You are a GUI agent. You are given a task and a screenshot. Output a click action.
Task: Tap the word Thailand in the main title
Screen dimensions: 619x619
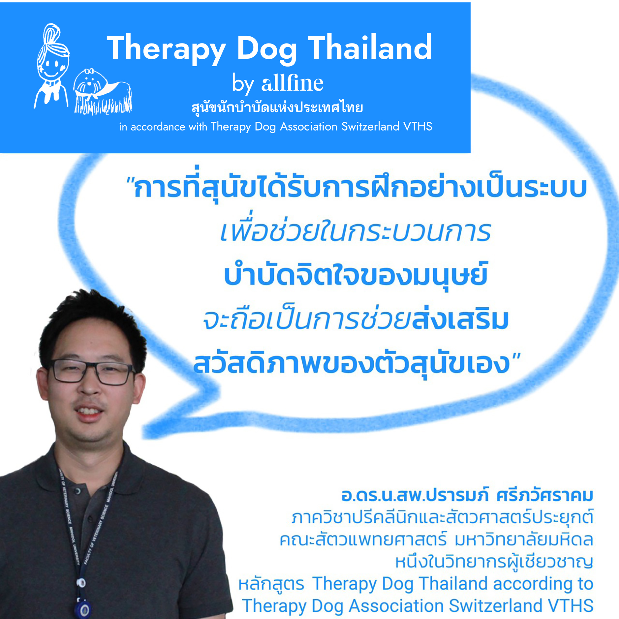click(x=370, y=47)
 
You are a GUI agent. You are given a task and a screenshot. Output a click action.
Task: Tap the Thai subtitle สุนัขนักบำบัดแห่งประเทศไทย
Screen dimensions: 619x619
click(x=277, y=108)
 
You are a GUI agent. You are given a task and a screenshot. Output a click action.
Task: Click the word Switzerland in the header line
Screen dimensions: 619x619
click(x=370, y=126)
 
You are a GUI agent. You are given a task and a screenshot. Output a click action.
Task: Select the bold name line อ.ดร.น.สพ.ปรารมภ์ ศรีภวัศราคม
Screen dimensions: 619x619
click(x=467, y=495)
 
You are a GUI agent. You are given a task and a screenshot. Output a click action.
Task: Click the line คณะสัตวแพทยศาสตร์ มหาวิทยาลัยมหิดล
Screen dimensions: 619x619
click(x=436, y=540)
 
